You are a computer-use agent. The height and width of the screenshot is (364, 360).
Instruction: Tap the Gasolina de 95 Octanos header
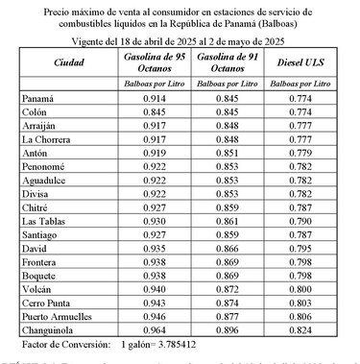click(x=153, y=64)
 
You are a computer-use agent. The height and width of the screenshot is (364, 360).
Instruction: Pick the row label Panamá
click(x=36, y=99)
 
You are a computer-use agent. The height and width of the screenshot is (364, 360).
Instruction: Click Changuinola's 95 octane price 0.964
click(x=153, y=328)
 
